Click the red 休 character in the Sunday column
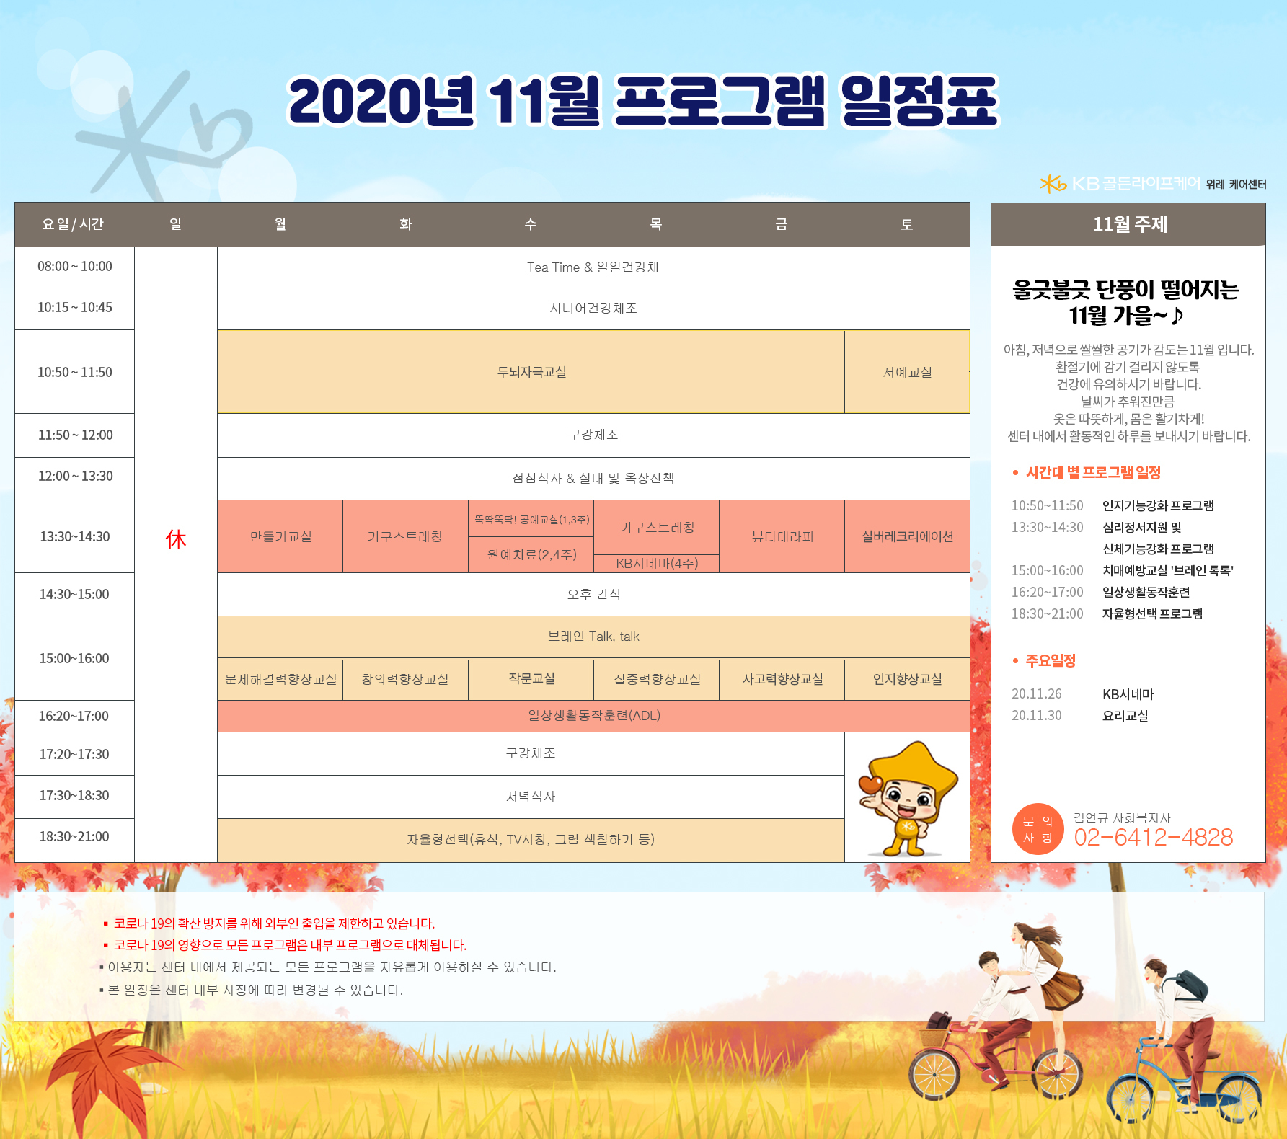[176, 539]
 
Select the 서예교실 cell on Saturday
[907, 372]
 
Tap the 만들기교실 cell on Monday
[280, 536]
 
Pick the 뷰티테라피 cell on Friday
[782, 536]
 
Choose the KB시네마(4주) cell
[657, 563]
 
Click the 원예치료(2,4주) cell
[531, 554]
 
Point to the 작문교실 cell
[531, 678]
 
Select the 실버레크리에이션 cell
[907, 536]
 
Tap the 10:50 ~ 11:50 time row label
[75, 372]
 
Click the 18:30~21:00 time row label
[74, 836]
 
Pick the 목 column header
[656, 224]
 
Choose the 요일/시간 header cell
[73, 224]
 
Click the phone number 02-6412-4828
[1154, 837]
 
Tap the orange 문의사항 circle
[1038, 829]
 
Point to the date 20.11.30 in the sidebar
[1037, 716]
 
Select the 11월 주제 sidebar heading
[1130, 224]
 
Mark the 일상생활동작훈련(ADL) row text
[594, 715]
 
